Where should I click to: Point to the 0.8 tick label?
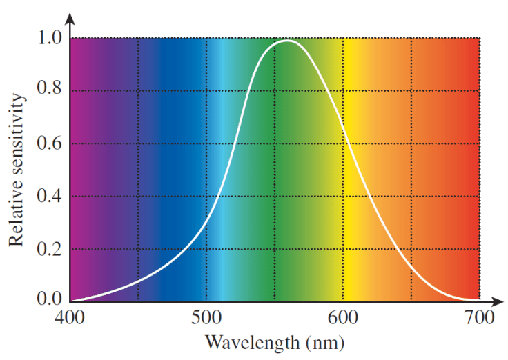48,90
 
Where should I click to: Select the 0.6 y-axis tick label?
48,143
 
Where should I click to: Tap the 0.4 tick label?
48,196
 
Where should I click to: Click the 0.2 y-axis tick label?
48,249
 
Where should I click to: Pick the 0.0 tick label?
48,300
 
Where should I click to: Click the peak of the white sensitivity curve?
286,41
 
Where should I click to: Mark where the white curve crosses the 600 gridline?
343,143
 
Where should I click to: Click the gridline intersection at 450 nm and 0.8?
138,90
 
